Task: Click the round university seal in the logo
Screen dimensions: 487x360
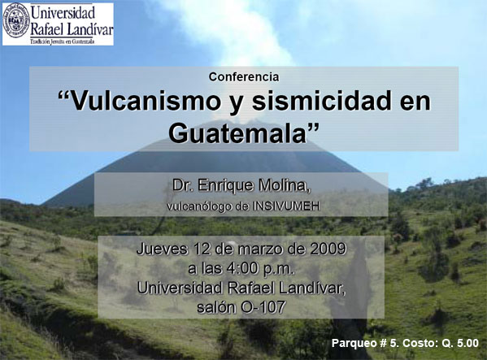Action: point(16,20)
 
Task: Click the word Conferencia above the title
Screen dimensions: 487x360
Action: point(244,77)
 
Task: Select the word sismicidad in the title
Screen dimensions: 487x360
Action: point(321,101)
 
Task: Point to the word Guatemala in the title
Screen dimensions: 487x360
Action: point(238,133)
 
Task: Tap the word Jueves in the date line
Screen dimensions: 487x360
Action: point(162,249)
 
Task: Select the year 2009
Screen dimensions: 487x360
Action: point(328,249)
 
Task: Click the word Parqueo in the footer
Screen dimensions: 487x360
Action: point(351,343)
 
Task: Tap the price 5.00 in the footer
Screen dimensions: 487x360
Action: point(467,343)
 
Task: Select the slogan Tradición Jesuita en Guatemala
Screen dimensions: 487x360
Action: point(62,41)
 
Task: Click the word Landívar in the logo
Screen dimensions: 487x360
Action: point(89,30)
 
